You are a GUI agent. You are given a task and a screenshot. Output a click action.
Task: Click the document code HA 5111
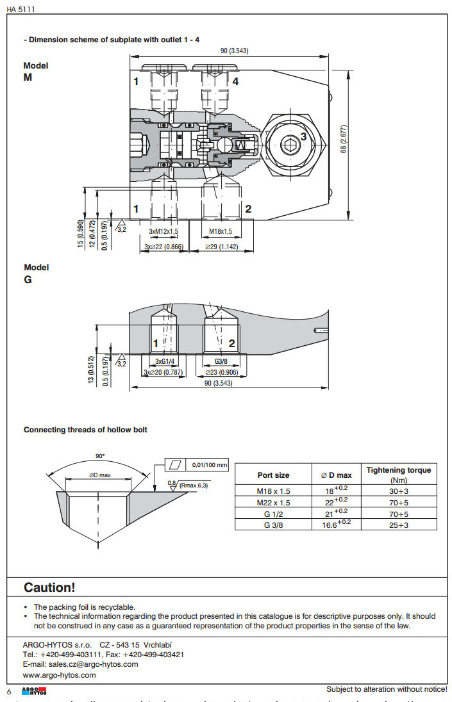(21, 8)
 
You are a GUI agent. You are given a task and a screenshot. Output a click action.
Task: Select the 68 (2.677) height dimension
(344, 139)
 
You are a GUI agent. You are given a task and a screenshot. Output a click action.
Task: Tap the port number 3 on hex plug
(303, 136)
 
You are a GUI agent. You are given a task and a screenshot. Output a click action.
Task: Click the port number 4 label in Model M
(235, 81)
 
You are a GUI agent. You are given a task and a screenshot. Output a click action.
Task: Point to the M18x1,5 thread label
(221, 231)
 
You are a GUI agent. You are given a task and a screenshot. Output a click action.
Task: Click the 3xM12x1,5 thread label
(164, 231)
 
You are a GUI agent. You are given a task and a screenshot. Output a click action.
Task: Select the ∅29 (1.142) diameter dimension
(221, 247)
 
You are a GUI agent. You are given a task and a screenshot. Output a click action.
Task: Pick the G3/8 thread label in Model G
(221, 362)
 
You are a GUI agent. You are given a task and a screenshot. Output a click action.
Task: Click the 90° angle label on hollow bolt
(100, 456)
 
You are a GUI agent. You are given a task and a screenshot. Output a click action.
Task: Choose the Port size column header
(273, 475)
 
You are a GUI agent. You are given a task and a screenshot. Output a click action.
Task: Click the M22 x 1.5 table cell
(273, 503)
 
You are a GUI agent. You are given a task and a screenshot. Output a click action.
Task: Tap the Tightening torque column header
(398, 474)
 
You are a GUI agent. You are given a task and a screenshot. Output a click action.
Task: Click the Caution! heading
(49, 587)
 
